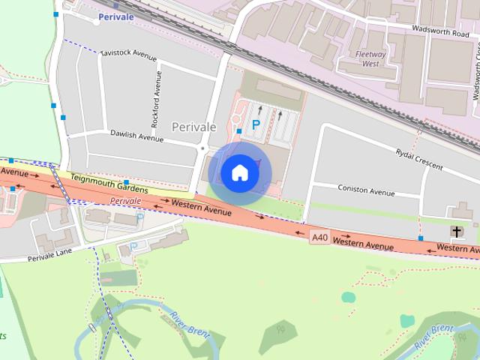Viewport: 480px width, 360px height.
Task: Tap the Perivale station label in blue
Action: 115,16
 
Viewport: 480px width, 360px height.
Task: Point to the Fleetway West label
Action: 371,59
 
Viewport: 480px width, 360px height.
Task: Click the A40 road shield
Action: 319,238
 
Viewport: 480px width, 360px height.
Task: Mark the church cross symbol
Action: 457,232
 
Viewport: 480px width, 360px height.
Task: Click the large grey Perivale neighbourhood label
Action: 194,127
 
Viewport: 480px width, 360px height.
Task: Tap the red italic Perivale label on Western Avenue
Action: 125,202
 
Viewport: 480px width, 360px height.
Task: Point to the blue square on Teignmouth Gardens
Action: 126,183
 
